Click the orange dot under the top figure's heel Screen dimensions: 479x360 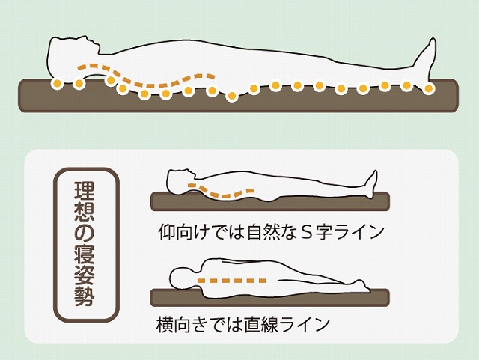tap(429, 88)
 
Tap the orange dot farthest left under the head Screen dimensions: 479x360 tap(57, 83)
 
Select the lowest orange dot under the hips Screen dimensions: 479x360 tap(232, 96)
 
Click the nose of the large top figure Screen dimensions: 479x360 tap(98, 47)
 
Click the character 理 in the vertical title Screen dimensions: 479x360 tap(85, 191)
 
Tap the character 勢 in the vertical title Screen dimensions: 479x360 tap(85, 296)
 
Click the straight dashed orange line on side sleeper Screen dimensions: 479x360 tap(231, 280)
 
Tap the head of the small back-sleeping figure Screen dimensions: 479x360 tap(180, 180)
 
